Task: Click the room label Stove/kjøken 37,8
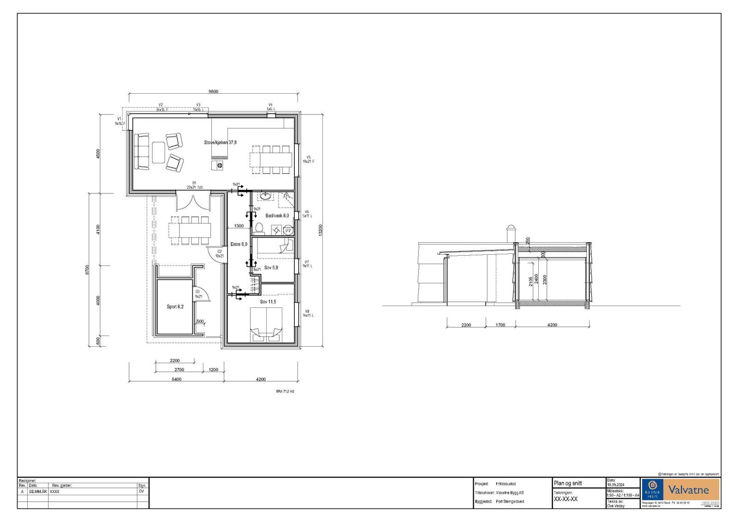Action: tap(220, 143)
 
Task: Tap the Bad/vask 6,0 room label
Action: tap(277, 216)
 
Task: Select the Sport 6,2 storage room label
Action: tap(175, 306)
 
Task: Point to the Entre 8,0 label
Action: tap(239, 244)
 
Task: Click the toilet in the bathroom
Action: tap(259, 228)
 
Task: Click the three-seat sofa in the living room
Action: tap(142, 151)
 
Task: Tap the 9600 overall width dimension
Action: tap(213, 91)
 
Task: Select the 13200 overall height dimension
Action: tap(320, 230)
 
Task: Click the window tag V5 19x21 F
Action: tap(308, 159)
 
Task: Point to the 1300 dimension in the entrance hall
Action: tap(239, 226)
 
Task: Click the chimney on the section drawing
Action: tap(510, 233)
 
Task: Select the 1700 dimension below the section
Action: tap(500, 325)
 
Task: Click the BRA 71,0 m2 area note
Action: tap(285, 391)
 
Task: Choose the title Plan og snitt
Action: tap(568, 483)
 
